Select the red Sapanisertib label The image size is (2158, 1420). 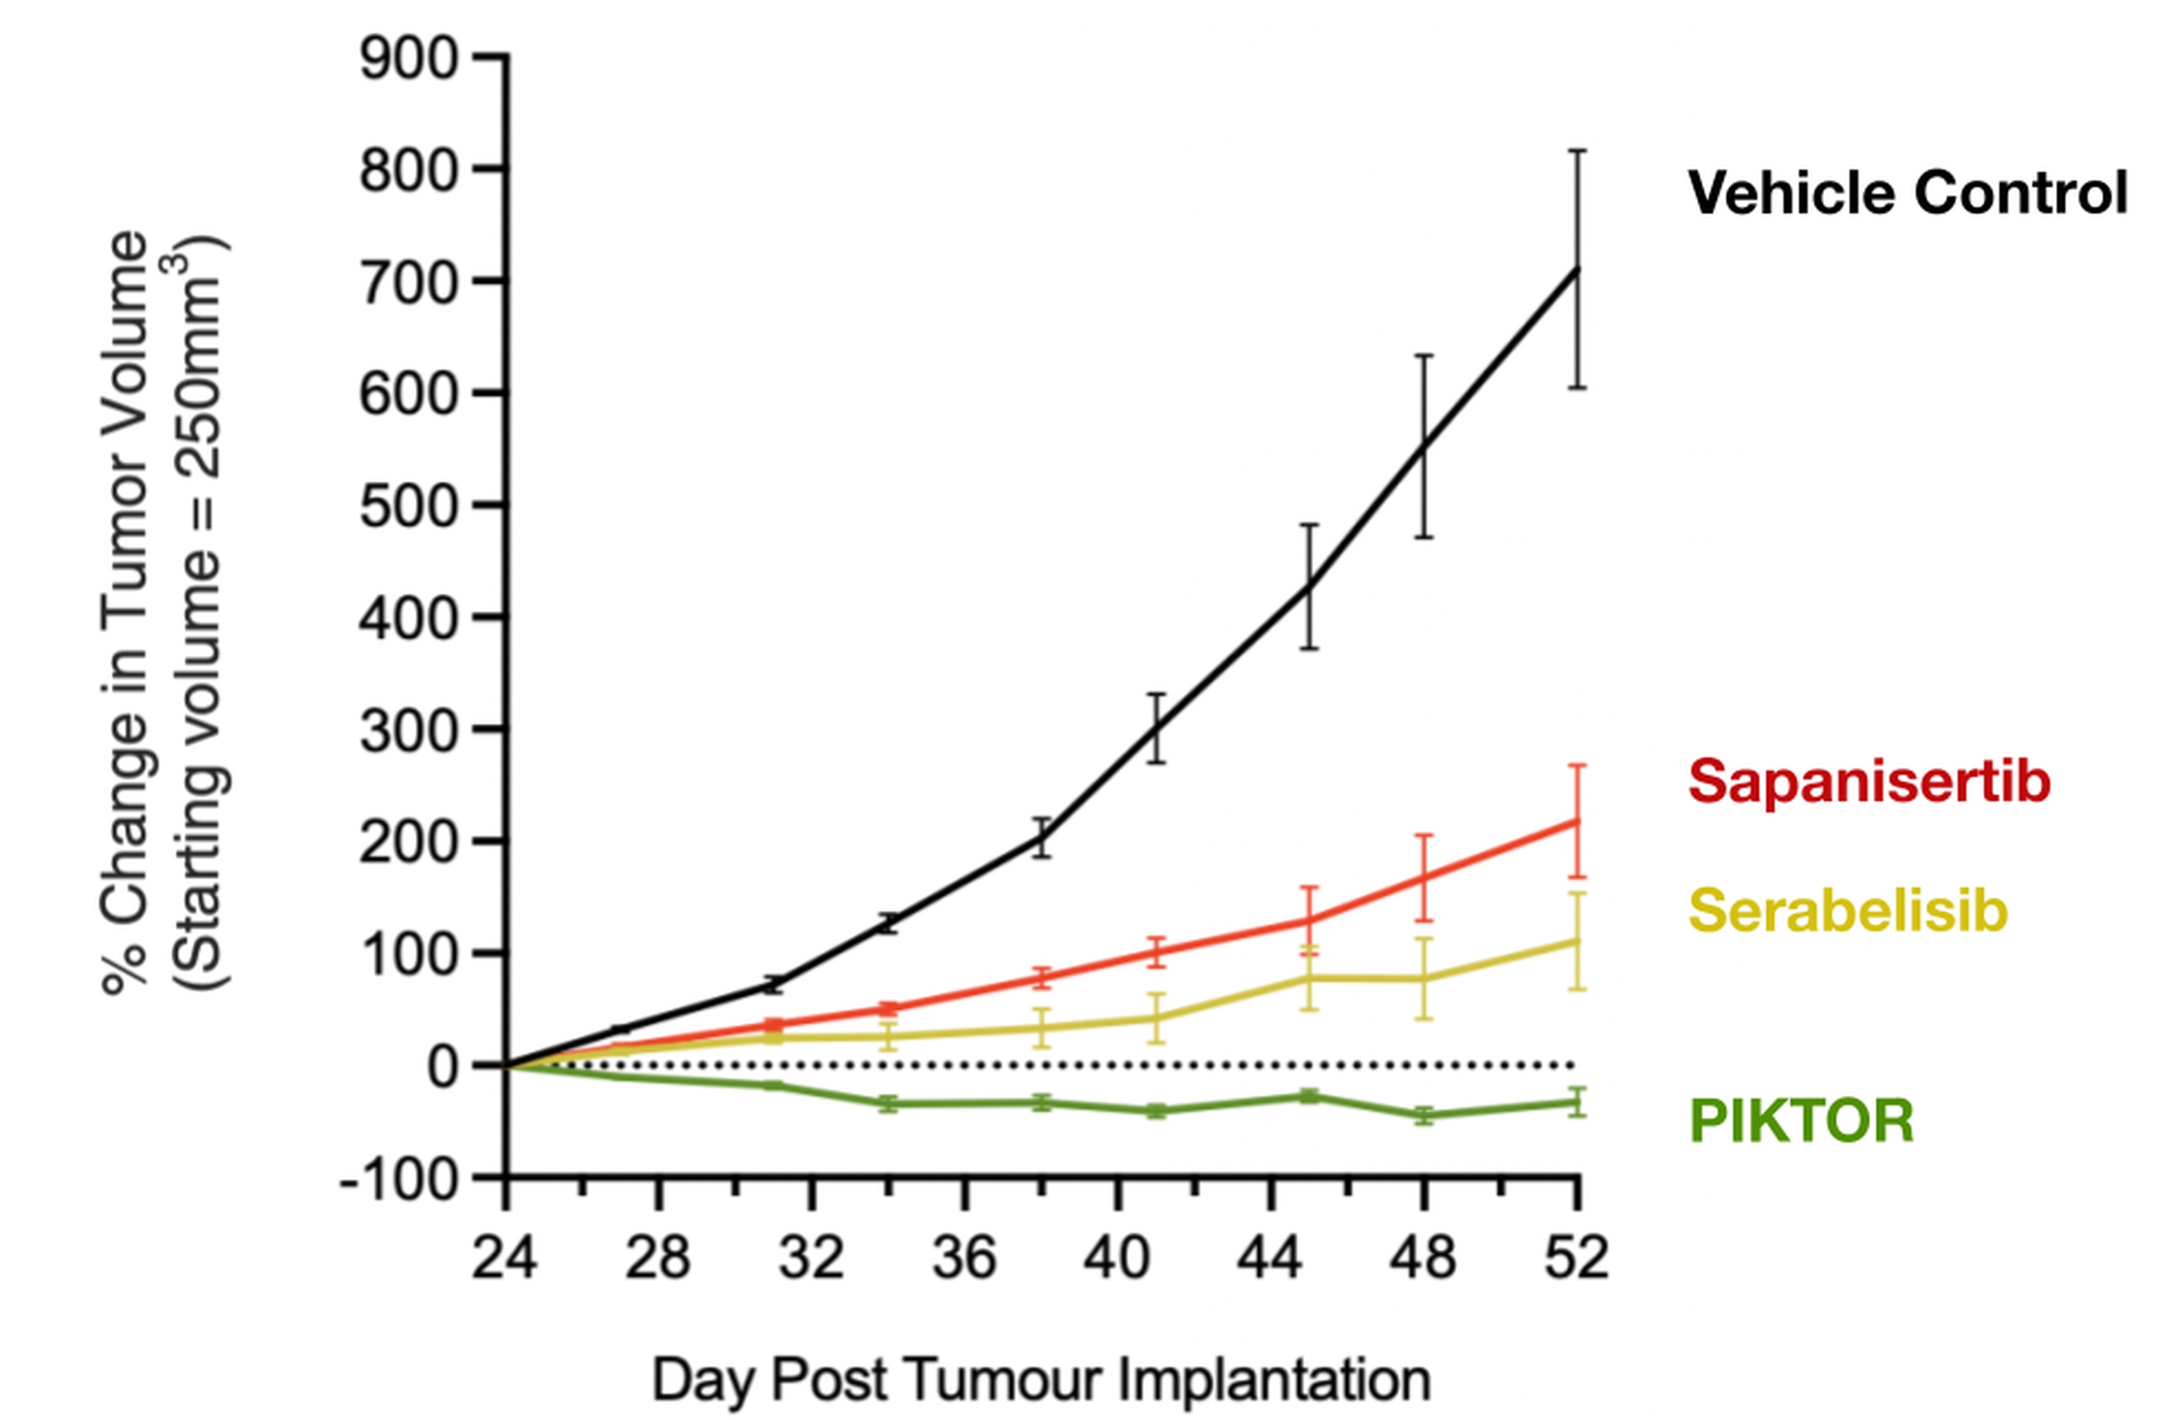pos(1869,781)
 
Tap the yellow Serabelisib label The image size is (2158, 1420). pos(1849,910)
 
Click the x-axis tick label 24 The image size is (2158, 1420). pos(504,1259)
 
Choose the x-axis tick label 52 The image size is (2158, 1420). pos(1577,1259)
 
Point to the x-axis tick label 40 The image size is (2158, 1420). pos(1117,1259)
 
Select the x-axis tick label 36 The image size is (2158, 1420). pos(965,1259)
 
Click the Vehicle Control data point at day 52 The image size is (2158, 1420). pos(1578,269)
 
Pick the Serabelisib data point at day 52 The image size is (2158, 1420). pos(1578,941)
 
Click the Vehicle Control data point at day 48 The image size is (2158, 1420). pos(1424,446)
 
